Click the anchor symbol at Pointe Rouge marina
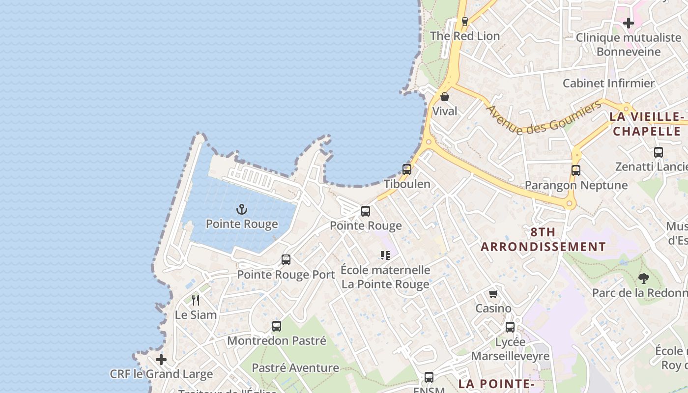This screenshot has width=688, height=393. tap(241, 210)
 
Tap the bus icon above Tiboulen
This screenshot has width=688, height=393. tap(407, 169)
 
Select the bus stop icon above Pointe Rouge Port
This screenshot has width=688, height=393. tap(286, 260)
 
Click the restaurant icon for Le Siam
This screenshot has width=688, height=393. tap(196, 300)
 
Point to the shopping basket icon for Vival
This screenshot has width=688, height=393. tap(445, 97)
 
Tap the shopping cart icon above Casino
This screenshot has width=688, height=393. tap(493, 294)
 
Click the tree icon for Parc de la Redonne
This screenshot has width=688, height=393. tap(643, 279)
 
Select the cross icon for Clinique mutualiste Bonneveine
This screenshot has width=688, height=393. tap(629, 23)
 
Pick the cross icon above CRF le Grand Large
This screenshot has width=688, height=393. tap(161, 360)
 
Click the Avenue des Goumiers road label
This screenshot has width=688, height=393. tap(544, 118)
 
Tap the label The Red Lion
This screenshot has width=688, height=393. tap(465, 36)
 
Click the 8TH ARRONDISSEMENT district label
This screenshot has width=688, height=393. tap(543, 239)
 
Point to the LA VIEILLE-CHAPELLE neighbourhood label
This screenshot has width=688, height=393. tap(647, 124)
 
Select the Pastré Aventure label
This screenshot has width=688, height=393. tap(295, 367)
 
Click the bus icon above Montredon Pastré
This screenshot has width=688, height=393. tap(277, 326)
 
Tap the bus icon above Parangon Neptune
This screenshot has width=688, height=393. tap(576, 170)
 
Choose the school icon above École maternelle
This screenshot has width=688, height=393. tap(385, 255)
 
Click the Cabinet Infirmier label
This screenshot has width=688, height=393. tap(608, 83)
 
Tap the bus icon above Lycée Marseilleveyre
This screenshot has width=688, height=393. tap(510, 327)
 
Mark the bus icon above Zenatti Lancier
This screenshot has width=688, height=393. tap(659, 152)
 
